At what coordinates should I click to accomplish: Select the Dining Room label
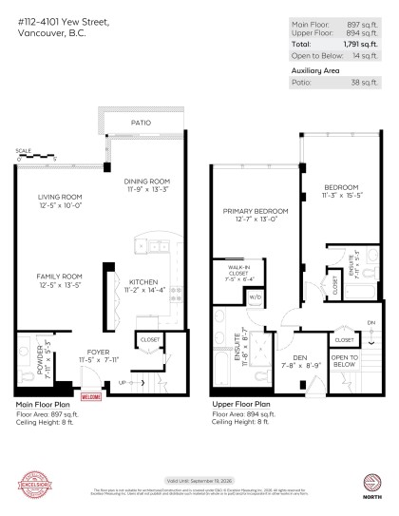(147, 185)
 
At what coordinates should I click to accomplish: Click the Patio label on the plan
(141, 124)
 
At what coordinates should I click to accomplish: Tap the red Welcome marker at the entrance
(90, 396)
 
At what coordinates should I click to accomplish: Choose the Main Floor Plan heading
(43, 405)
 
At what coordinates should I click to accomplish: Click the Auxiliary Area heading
(315, 71)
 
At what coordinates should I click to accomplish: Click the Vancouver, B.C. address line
(51, 33)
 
